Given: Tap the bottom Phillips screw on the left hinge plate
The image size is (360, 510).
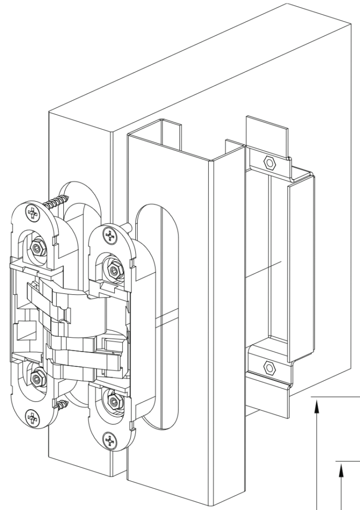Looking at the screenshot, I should click(x=32, y=416).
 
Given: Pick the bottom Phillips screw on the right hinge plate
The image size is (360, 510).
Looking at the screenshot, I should click(x=109, y=439).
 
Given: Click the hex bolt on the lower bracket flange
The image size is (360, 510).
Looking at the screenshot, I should click(x=268, y=367).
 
